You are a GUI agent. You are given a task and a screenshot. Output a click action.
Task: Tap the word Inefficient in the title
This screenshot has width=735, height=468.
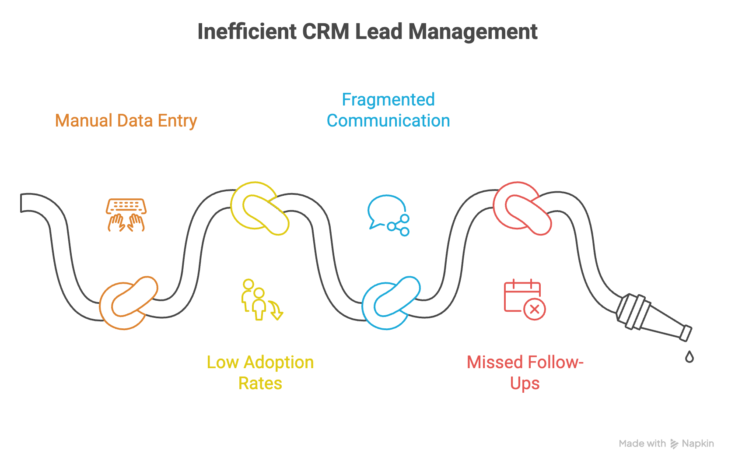(247, 32)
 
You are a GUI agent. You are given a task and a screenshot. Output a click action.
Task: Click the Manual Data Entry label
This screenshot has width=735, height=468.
(126, 121)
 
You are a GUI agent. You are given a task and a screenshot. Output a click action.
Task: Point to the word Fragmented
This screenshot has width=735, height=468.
(388, 100)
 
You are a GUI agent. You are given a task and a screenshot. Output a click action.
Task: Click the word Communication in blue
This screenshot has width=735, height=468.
(388, 121)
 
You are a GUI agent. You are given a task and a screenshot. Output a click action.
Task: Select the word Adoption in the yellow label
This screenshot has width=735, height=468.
(279, 362)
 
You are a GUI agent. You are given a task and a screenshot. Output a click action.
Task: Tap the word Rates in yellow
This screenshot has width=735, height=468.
(260, 384)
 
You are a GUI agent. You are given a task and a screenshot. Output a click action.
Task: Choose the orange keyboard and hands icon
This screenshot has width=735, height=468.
(126, 215)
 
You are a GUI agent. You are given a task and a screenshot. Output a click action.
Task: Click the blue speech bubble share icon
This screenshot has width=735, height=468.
(388, 215)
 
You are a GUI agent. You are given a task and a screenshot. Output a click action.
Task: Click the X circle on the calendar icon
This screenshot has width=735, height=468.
(534, 310)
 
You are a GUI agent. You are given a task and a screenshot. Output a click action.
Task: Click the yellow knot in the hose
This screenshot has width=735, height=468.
(260, 208)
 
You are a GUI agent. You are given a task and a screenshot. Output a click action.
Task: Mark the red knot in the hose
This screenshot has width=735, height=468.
(522, 208)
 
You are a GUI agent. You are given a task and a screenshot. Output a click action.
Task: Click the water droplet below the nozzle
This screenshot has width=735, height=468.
(689, 357)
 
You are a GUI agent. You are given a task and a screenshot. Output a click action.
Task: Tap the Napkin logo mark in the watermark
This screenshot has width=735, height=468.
(674, 444)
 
